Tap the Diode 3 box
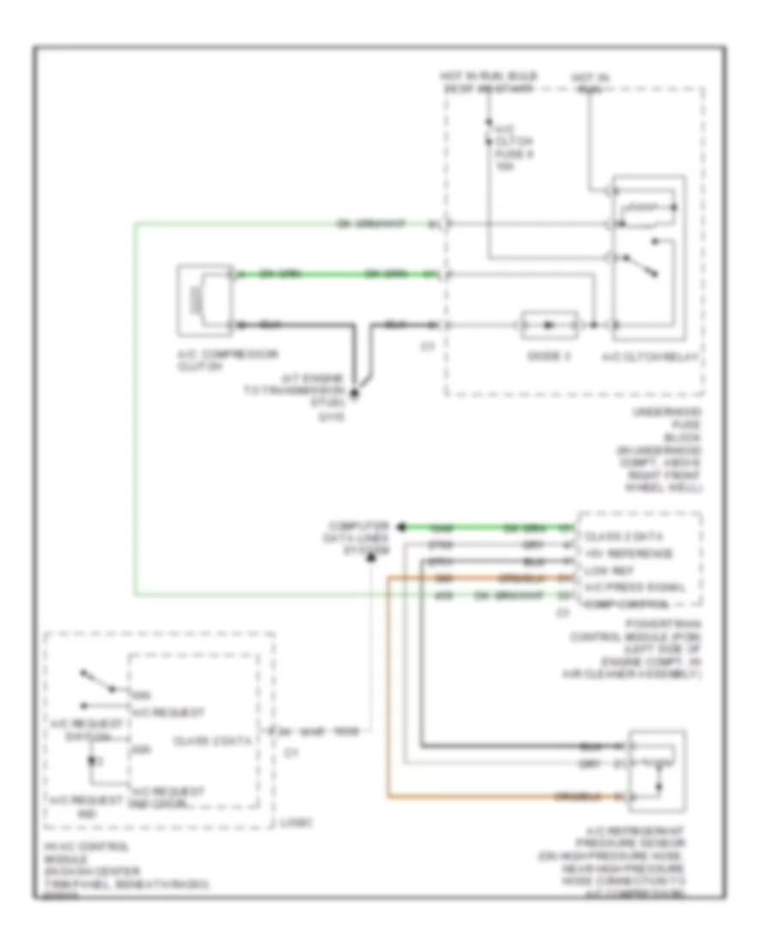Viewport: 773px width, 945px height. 548,325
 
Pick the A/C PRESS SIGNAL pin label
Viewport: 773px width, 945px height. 634,588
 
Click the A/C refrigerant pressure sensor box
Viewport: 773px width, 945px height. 657,770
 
